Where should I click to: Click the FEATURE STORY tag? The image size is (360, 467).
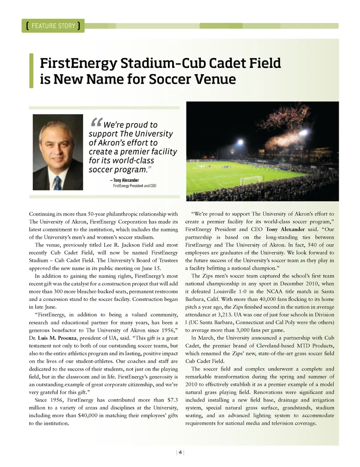pos(53,26)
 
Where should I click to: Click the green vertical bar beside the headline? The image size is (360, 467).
pos(31,71)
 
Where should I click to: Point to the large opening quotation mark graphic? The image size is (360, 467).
pos(96,122)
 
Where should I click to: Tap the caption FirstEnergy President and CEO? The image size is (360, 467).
pos(135,186)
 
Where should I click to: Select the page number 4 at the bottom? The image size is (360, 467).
pos(180,452)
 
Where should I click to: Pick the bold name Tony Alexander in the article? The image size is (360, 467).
pos(285,229)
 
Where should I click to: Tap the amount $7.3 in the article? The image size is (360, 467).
pos(172,400)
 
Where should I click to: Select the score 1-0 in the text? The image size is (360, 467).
pos(242,291)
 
